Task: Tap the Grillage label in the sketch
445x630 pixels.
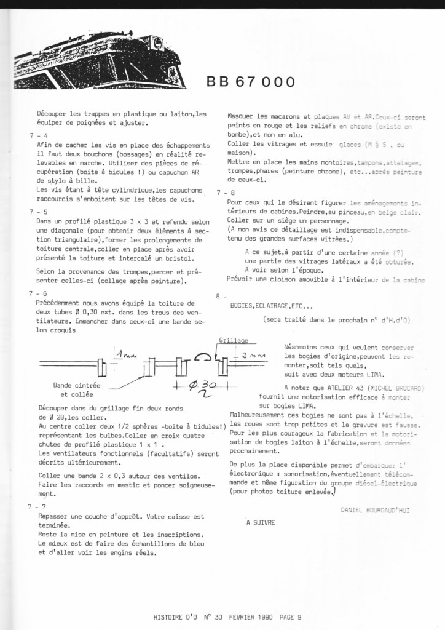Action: point(234,340)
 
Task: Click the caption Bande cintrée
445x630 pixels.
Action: point(77,385)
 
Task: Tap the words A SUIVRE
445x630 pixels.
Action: point(260,523)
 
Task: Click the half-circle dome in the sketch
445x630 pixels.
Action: point(202,357)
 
